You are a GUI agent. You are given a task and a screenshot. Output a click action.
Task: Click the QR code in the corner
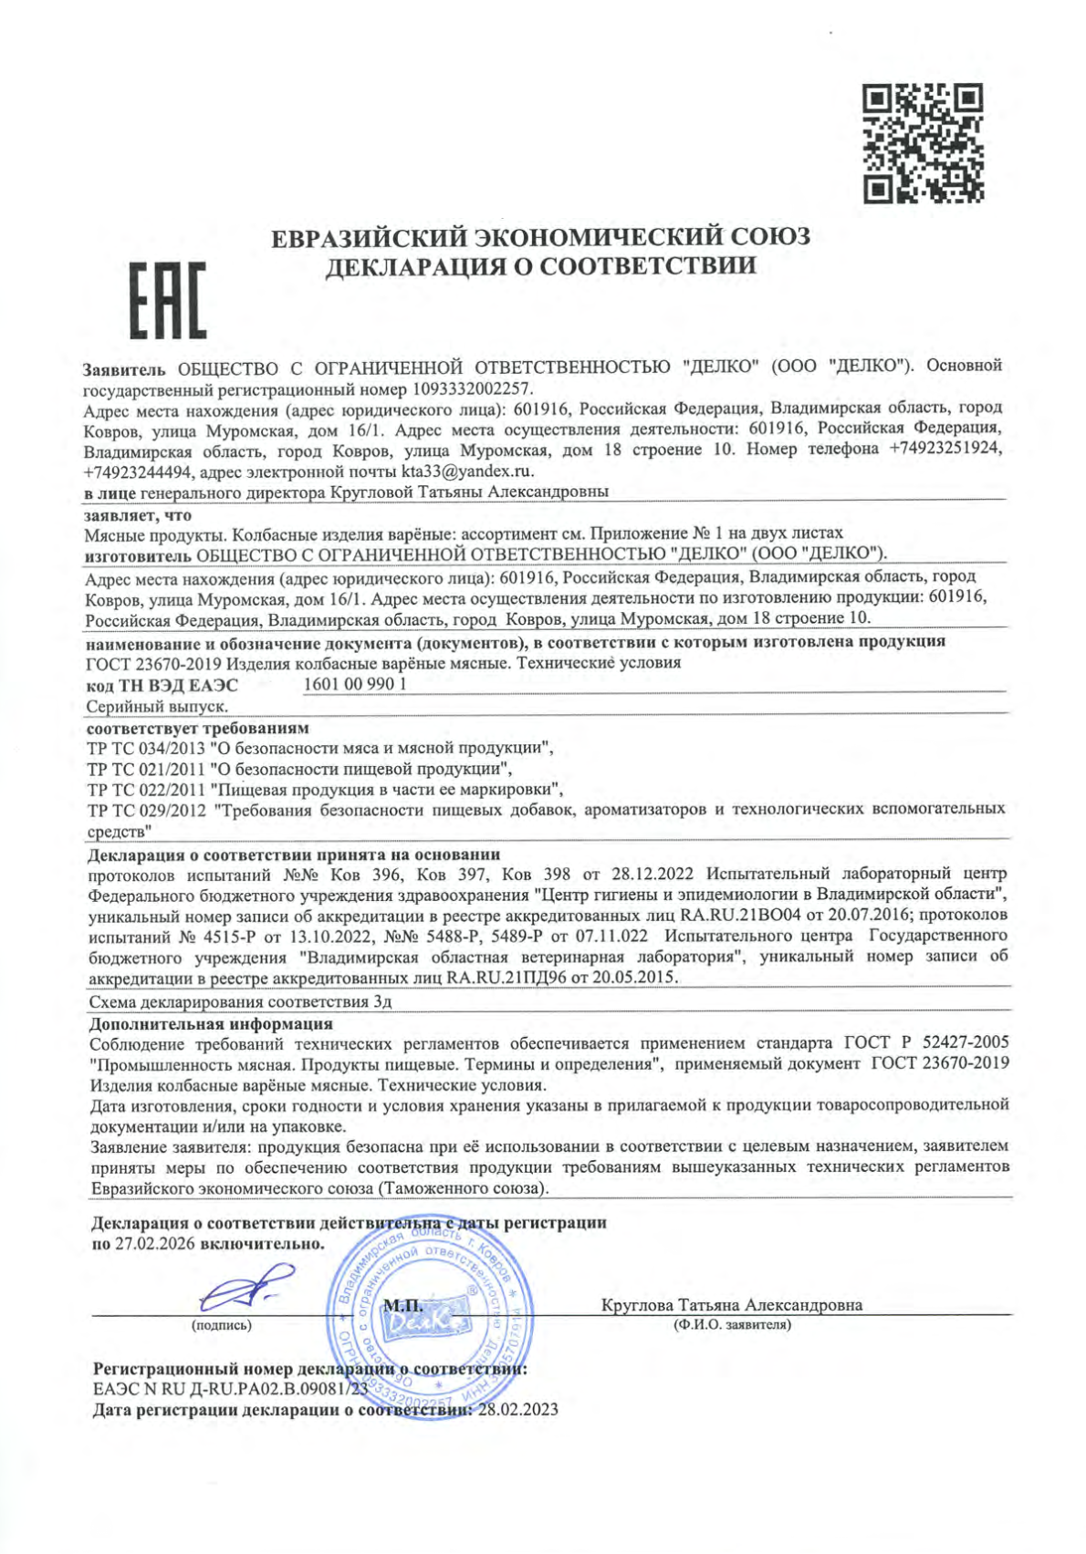tap(923, 141)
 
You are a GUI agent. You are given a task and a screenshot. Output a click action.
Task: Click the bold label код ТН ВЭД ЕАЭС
tap(162, 684)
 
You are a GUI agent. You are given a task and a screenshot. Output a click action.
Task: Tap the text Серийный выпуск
tap(156, 706)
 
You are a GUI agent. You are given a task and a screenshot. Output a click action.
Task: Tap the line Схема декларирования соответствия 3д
tap(241, 1000)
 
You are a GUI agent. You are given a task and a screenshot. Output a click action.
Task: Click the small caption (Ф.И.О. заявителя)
tap(730, 1324)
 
